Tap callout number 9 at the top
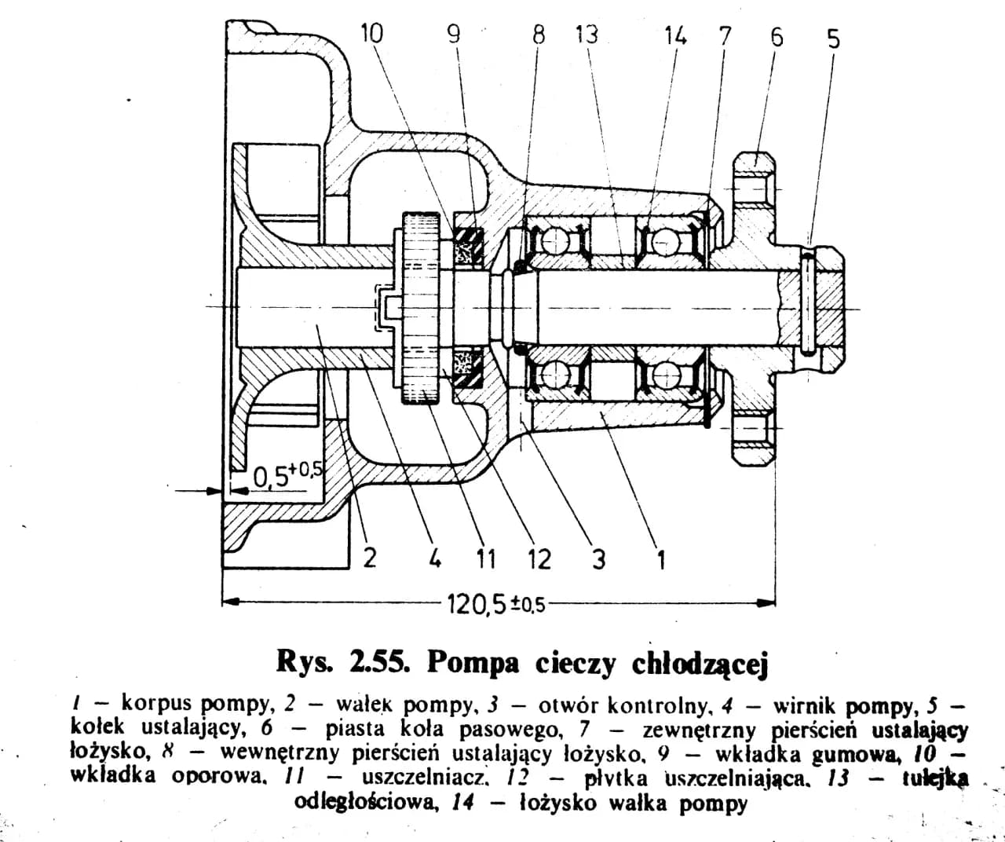[453, 35]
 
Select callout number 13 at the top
[586, 35]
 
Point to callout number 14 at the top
[674, 36]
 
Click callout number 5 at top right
[833, 38]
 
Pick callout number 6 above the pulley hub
[777, 37]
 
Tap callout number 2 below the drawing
[369, 558]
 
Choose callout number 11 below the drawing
[486, 559]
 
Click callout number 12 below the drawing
[539, 559]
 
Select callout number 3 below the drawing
[598, 559]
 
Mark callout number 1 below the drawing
[660, 559]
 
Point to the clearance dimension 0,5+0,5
[287, 474]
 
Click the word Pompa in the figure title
[473, 664]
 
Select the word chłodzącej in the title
[700, 664]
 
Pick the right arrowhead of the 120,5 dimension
[769, 603]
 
